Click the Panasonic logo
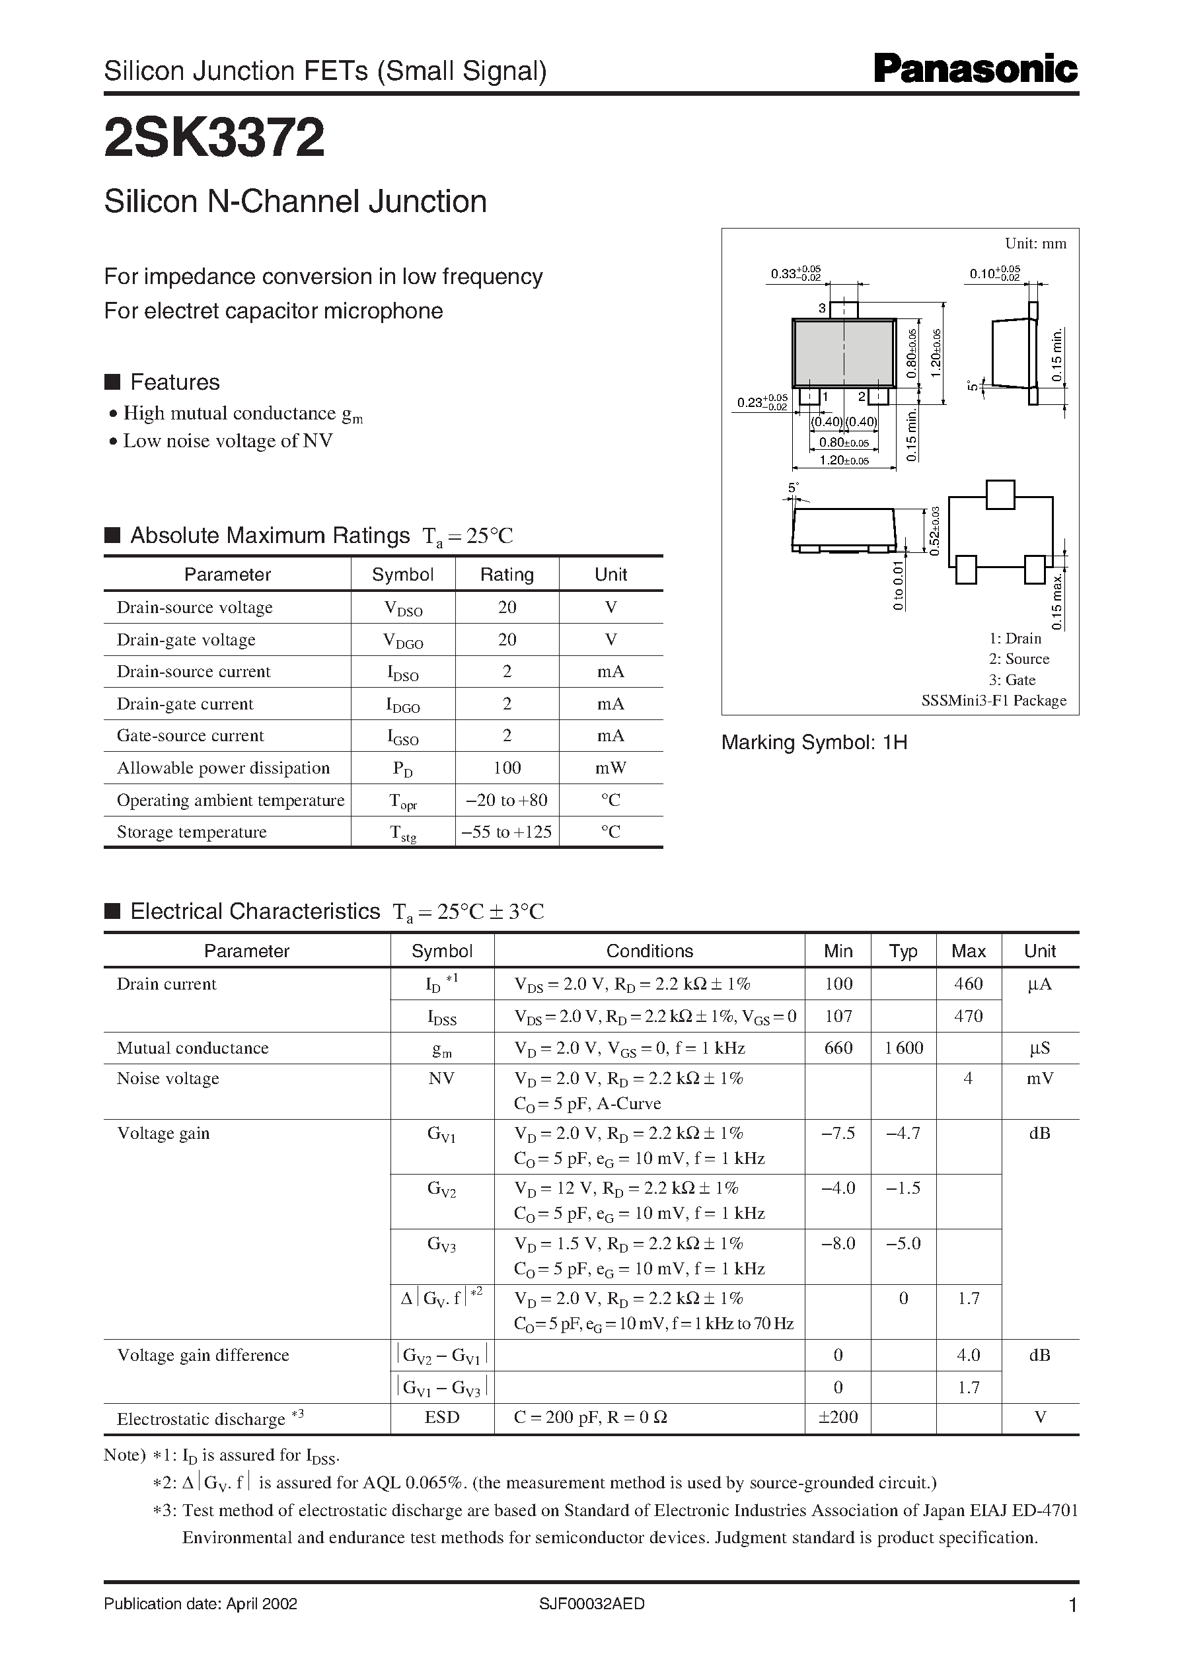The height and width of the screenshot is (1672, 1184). pyautogui.click(x=975, y=70)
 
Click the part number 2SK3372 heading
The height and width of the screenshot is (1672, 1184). pyautogui.click(x=214, y=139)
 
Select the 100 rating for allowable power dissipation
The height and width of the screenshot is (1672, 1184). pyautogui.click(x=507, y=768)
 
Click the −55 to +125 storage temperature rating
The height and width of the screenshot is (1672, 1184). pyautogui.click(x=507, y=832)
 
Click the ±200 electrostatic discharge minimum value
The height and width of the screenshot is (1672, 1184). pyautogui.click(x=838, y=1417)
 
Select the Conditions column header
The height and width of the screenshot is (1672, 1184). pyautogui.click(x=649, y=951)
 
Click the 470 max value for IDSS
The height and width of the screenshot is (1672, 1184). pyautogui.click(x=968, y=1016)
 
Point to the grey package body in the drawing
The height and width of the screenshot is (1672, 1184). pyautogui.click(x=844, y=352)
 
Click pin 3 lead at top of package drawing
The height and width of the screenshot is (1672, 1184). pyautogui.click(x=845, y=309)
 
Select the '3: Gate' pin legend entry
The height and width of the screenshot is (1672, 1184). pyautogui.click(x=1012, y=680)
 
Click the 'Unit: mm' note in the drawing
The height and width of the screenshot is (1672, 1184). pyautogui.click(x=1035, y=244)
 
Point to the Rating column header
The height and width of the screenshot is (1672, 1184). pyautogui.click(x=507, y=574)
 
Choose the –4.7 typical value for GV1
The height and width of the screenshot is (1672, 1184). pyautogui.click(x=903, y=1134)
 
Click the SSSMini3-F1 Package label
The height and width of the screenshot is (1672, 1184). pyautogui.click(x=994, y=700)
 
